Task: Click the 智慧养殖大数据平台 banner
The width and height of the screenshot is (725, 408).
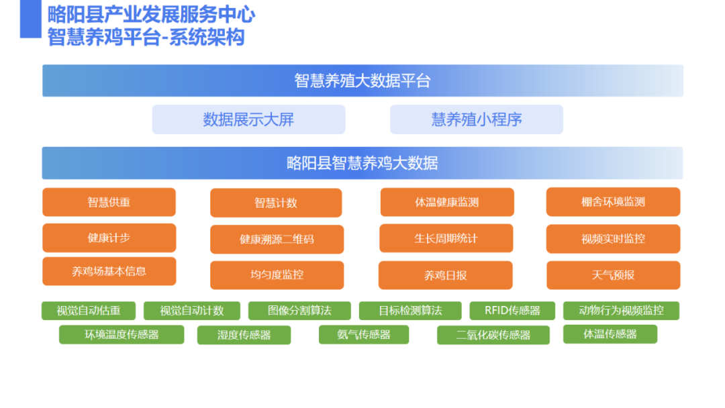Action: [x=362, y=81]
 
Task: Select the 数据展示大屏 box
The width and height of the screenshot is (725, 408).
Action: [x=249, y=119]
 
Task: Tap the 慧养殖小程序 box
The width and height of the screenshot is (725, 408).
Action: [x=476, y=119]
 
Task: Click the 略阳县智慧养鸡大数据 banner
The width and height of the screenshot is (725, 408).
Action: [x=362, y=163]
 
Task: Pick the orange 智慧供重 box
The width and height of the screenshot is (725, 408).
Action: [x=109, y=202]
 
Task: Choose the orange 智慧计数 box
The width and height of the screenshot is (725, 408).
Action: [x=276, y=203]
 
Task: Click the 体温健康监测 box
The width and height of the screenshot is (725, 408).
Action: [x=447, y=202]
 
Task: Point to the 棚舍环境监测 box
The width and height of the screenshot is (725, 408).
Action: [x=613, y=202]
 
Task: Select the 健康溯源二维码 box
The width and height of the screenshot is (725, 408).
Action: [x=277, y=240]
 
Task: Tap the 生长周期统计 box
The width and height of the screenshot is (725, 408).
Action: [x=446, y=238]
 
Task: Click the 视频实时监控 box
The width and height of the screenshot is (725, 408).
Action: [x=613, y=239]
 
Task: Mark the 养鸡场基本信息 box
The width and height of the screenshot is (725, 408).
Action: [x=109, y=271]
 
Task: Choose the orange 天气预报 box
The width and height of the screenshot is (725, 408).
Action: [x=613, y=275]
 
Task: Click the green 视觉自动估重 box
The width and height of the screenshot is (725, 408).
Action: [x=89, y=311]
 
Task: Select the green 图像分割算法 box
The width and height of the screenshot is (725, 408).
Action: [x=299, y=311]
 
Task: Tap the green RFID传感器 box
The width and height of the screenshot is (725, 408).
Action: [x=512, y=311]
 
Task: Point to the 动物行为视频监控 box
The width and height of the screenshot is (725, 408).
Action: [x=621, y=311]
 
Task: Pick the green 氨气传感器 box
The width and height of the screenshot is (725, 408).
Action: [x=364, y=335]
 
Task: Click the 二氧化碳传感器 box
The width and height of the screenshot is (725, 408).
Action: [x=493, y=335]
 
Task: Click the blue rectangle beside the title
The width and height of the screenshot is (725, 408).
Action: [x=30, y=19]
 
